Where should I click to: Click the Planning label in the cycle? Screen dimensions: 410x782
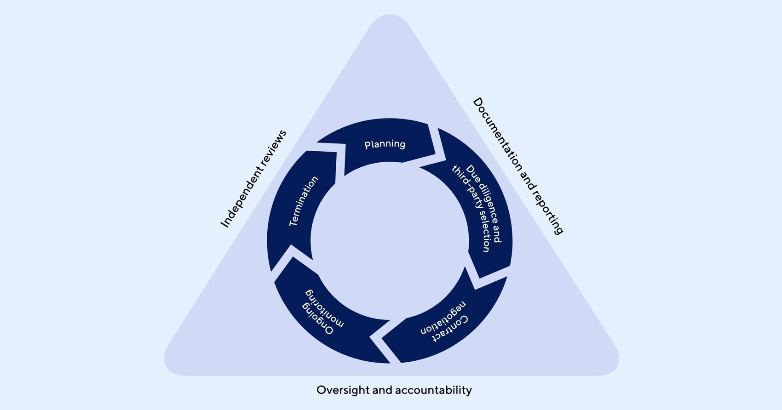pos(385,144)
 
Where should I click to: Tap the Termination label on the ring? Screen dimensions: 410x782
pos(303,201)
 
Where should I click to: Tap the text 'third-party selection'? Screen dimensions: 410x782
pos(470,209)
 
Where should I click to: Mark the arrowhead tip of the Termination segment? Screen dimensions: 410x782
pos(345,146)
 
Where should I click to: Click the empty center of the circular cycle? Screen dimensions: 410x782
pos(390,241)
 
